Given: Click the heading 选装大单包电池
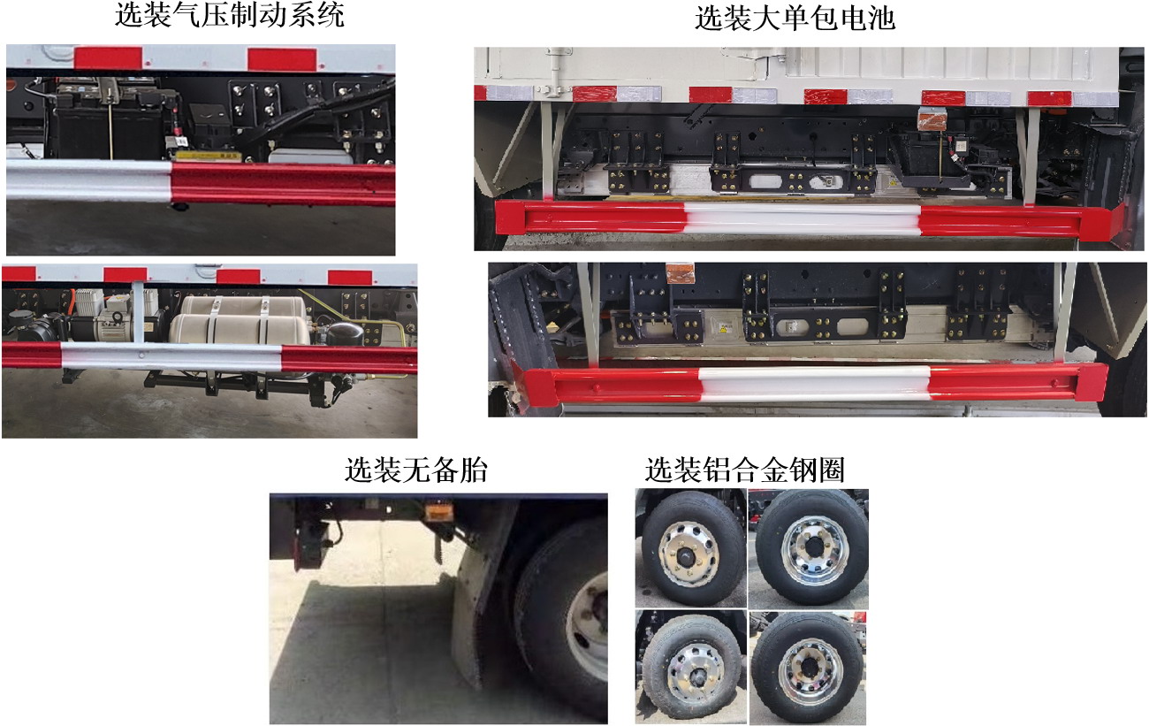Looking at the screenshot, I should (x=795, y=19).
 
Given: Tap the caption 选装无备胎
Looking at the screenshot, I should (x=415, y=470).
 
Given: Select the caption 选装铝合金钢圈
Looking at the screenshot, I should (x=744, y=470).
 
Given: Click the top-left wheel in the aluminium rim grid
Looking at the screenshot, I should (x=690, y=548).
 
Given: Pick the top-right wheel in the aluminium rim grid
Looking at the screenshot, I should (x=807, y=548).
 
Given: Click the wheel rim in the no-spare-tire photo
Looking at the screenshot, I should (x=588, y=623).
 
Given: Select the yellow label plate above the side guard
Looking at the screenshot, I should (x=208, y=157).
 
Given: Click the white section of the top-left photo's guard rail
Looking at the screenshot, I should (x=88, y=180).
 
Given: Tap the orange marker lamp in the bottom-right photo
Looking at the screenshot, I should (x=681, y=273).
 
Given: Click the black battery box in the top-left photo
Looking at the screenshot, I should (x=93, y=124).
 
